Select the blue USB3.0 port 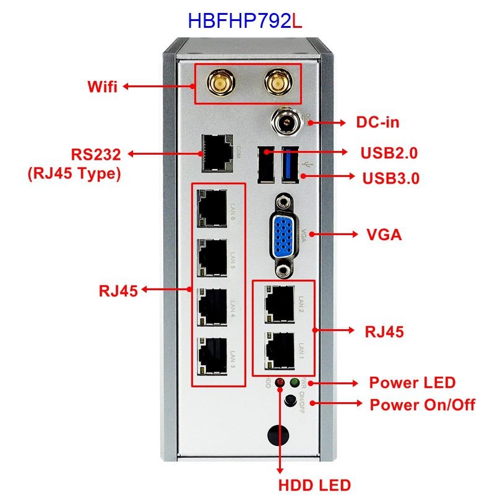point(290,165)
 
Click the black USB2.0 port point(267,166)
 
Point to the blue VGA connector point(284,235)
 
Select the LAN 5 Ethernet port point(211,257)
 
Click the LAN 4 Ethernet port point(211,306)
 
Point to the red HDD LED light point(280,383)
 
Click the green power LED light point(295,383)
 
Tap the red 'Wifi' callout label point(102,87)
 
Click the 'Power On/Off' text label point(422,405)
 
